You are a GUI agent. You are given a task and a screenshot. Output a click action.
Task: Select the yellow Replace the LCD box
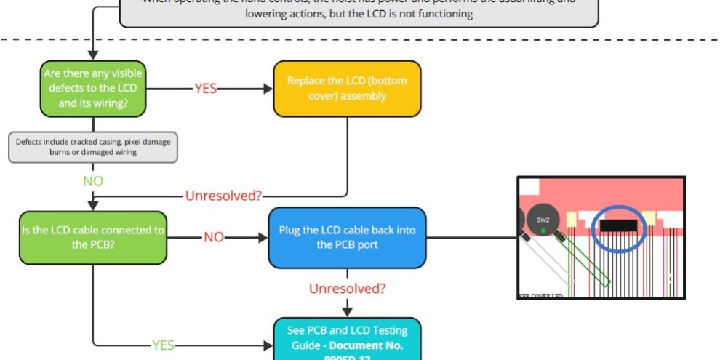(x=347, y=88)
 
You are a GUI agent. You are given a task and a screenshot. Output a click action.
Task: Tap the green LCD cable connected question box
(x=93, y=238)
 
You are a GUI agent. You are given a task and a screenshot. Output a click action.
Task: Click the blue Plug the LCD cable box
(x=347, y=238)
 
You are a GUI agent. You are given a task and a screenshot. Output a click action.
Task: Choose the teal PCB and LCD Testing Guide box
(x=347, y=340)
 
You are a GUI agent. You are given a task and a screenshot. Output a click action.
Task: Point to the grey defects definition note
(x=93, y=147)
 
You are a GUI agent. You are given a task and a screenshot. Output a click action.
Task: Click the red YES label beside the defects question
(x=205, y=89)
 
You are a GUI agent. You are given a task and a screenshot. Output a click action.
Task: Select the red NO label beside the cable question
(x=213, y=238)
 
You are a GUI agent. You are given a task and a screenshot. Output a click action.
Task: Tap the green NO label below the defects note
(x=93, y=180)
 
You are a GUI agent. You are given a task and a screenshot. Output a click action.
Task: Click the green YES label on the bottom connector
(x=162, y=345)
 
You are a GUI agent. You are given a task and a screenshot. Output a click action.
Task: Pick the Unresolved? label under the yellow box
(x=223, y=196)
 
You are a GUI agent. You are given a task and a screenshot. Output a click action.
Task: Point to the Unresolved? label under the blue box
(x=347, y=289)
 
